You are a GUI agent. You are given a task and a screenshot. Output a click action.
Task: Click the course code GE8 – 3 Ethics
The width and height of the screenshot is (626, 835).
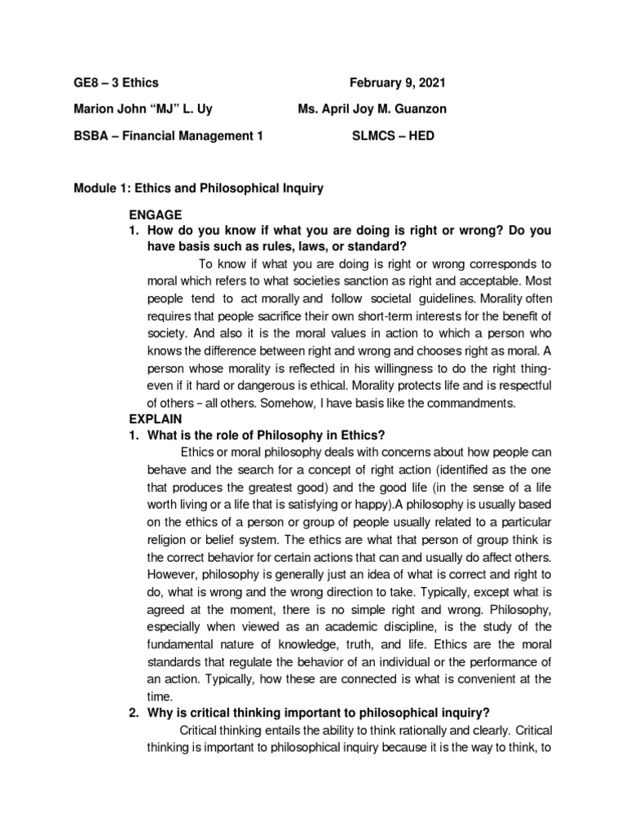coord(116,83)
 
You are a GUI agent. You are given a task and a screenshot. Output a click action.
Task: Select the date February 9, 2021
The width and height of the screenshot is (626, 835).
coord(398,83)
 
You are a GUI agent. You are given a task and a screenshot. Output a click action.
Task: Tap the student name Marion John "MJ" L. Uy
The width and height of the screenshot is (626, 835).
coord(144,109)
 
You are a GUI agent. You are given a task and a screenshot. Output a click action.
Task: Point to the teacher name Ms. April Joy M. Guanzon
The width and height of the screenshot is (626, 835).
coord(373,109)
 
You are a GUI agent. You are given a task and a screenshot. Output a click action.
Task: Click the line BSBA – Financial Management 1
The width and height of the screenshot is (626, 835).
coord(169,136)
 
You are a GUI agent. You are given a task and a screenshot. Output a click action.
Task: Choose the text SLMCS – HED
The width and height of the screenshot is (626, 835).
coord(393,136)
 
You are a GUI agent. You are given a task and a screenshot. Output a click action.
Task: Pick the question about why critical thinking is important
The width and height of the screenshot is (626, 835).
coord(317,712)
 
